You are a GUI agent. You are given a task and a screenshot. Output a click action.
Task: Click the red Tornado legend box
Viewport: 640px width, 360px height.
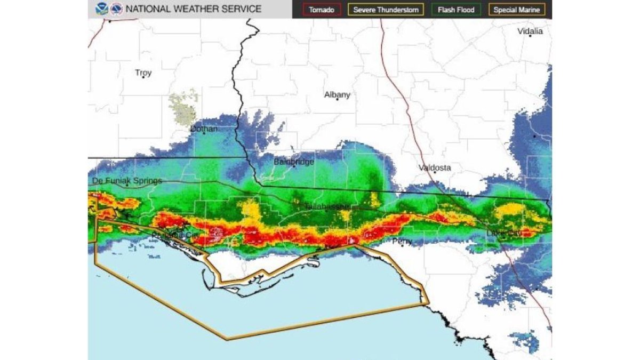(x=322, y=10)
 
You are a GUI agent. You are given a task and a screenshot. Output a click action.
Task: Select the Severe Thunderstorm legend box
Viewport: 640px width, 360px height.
(x=386, y=10)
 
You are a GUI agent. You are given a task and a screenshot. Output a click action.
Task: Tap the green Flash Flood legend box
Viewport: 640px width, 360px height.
(x=455, y=10)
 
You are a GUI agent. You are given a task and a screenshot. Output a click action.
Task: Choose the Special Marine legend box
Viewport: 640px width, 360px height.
(x=516, y=10)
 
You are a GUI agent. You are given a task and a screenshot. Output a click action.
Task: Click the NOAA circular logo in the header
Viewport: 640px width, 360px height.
(x=100, y=9)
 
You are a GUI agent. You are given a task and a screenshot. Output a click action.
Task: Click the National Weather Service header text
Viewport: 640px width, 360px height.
(x=193, y=9)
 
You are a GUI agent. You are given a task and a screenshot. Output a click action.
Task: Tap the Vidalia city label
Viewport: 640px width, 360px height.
(x=530, y=31)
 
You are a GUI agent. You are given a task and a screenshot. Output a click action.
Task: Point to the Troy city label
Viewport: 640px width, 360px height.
(x=143, y=73)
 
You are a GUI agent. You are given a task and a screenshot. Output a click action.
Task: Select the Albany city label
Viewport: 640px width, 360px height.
(x=337, y=95)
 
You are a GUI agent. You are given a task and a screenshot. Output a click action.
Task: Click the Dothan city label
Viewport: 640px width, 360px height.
(x=204, y=129)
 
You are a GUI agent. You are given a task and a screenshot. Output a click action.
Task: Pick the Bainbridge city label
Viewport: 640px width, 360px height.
(x=294, y=162)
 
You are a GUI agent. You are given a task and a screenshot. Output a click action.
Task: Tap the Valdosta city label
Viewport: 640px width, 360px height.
(x=434, y=167)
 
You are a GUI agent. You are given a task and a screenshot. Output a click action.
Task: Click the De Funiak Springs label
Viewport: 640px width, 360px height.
(x=126, y=181)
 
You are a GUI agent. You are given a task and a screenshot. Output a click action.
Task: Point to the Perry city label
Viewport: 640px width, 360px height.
(x=402, y=242)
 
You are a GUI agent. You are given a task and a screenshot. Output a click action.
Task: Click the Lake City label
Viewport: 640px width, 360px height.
(x=503, y=234)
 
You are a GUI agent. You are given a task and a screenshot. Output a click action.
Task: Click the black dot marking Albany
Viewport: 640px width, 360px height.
(x=337, y=99)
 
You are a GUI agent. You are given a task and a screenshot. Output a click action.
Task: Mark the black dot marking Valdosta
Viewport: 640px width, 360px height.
(x=435, y=172)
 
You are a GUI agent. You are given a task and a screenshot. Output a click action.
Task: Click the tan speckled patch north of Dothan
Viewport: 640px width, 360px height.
(x=183, y=109)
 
